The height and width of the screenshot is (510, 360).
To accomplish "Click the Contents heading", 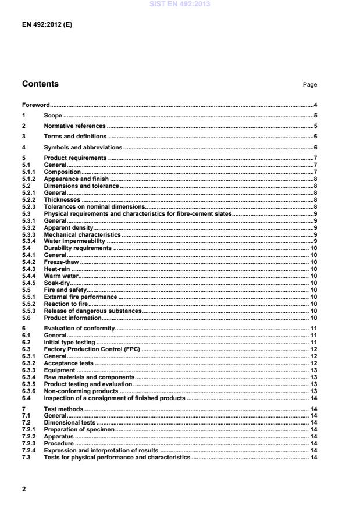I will [x=40, y=84].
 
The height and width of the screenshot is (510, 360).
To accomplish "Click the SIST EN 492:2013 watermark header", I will [x=180, y=5].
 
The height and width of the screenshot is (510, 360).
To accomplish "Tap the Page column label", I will [x=309, y=85].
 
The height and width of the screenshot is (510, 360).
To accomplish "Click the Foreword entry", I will [x=35, y=105].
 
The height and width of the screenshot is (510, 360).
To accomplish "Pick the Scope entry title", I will [x=53, y=116].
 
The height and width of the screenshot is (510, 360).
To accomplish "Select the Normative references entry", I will [x=74, y=126].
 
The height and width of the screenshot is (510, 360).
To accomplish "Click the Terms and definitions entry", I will [x=76, y=137].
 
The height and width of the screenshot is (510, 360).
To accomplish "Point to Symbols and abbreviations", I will [x=83, y=148].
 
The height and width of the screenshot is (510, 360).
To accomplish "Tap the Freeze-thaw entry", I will [x=61, y=262].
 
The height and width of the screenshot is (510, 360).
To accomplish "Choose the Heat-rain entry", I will [x=57, y=269].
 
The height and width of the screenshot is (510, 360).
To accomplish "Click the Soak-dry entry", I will [x=56, y=283].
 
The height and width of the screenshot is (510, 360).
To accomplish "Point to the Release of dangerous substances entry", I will [x=92, y=311].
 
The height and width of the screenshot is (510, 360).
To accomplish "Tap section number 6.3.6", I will [x=30, y=391].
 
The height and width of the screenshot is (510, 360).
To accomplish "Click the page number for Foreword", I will [x=315, y=105].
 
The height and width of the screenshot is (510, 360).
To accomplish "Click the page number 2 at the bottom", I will [x=24, y=489].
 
